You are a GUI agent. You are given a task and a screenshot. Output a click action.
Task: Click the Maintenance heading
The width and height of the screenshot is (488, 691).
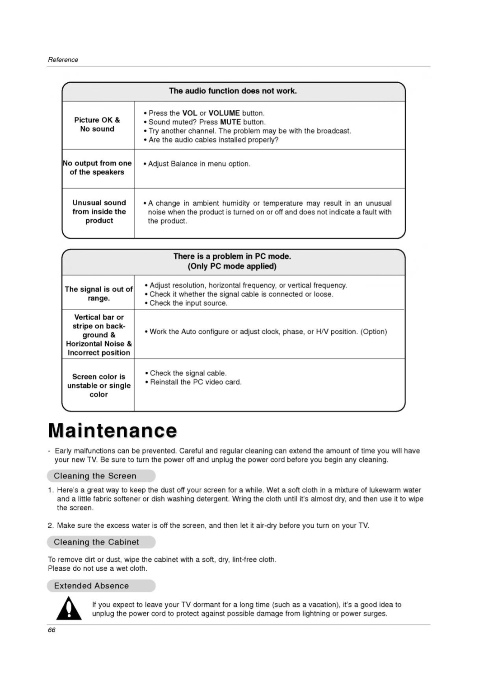coord(113,431)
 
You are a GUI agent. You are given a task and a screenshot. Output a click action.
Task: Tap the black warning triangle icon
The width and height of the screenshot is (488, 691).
coord(69,609)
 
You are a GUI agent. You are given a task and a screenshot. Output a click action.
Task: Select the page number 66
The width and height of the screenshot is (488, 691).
coord(52,630)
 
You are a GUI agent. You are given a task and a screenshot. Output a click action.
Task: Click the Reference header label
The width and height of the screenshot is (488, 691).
coord(63,60)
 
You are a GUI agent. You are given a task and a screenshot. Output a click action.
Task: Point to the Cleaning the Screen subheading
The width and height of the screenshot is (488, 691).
coord(95,476)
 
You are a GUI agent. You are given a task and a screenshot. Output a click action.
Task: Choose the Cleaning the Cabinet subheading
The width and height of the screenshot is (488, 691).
coord(96,542)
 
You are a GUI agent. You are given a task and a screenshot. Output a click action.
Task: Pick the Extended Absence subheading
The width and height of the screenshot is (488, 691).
coord(91,586)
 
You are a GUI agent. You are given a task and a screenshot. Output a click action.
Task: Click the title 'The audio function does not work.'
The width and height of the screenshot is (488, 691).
coord(233,91)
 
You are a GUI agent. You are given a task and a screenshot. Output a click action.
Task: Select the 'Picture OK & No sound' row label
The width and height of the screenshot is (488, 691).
coord(97,124)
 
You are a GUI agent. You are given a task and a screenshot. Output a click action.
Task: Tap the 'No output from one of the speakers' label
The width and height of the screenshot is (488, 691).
coord(97,168)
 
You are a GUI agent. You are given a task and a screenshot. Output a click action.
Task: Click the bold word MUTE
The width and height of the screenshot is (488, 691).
coord(230,122)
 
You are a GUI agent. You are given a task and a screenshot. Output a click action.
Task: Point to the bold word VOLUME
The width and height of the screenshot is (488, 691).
coord(224,113)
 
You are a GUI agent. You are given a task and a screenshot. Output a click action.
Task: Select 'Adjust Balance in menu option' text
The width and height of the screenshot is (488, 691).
coord(199,164)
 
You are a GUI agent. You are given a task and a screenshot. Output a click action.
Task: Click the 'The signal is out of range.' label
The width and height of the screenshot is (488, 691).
coord(99,293)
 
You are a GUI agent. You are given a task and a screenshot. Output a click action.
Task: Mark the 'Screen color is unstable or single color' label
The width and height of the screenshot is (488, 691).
coord(99,385)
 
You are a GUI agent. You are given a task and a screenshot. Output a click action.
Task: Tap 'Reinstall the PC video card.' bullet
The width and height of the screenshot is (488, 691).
coord(196,382)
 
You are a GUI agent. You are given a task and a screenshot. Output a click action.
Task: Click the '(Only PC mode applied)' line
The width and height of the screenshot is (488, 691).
coord(232,266)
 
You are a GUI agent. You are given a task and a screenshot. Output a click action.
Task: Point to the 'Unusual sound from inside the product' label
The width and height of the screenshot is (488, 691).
coord(99,212)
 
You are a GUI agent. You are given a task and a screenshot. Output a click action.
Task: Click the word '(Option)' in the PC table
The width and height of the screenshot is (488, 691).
coord(374,331)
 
